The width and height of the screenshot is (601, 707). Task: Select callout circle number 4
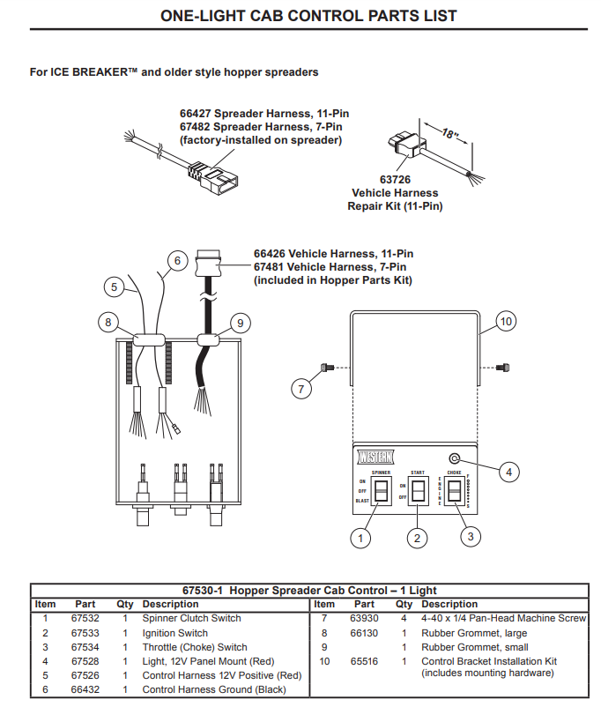[508, 473]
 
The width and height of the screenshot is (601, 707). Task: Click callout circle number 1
[359, 536]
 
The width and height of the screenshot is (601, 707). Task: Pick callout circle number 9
[237, 323]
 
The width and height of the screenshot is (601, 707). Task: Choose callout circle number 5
[114, 287]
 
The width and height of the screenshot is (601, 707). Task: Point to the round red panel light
[455, 458]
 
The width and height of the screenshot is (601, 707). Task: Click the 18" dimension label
[450, 137]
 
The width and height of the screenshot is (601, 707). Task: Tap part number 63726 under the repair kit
[396, 180]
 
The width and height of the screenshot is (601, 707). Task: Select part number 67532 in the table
[85, 619]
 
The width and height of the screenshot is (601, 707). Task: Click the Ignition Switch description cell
[174, 633]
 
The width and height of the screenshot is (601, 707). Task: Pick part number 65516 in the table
[364, 661]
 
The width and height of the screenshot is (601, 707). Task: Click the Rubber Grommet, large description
[474, 633]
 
